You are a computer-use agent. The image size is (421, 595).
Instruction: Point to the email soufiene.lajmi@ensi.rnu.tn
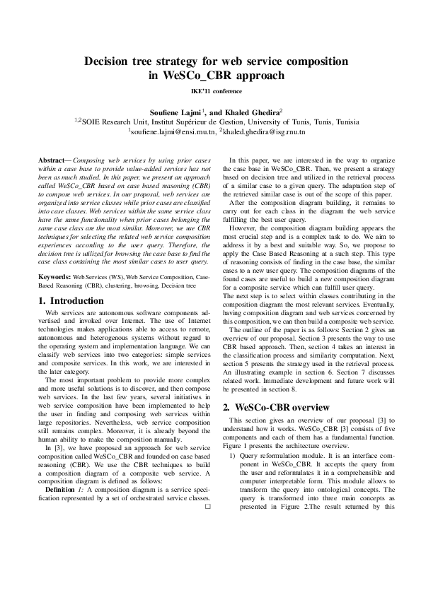(172, 131)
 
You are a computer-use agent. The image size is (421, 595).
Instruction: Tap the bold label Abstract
(54, 161)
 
